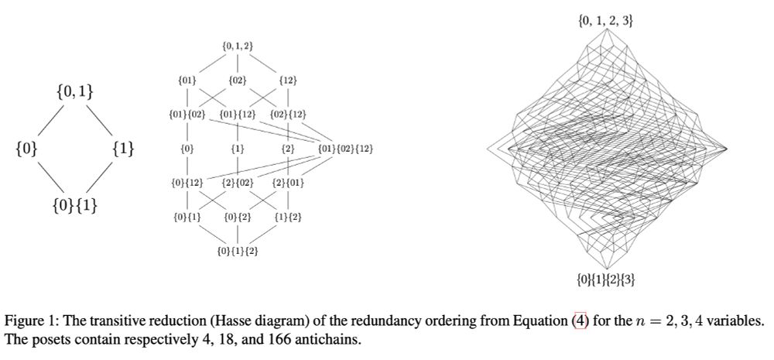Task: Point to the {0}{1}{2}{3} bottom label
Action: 607,279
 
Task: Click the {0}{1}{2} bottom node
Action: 237,252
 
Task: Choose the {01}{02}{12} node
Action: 345,148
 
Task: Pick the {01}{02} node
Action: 187,115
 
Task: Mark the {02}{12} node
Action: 288,115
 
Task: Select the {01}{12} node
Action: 237,115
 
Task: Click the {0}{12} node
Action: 187,183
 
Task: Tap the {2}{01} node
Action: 288,183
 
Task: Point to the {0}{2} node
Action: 237,217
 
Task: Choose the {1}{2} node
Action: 288,217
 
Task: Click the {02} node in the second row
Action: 237,80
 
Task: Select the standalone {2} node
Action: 288,148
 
